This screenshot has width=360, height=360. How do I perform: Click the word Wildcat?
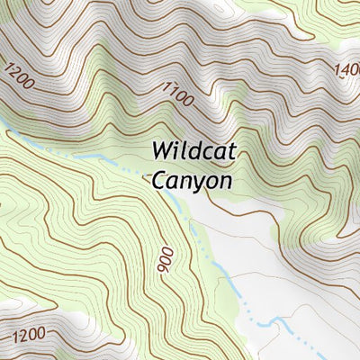pos(193,150)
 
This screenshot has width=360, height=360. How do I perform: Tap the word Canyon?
pos(192,180)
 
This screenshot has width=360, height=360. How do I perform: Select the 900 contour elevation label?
pos(165,260)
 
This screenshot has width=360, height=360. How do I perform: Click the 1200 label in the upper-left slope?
pos(19,76)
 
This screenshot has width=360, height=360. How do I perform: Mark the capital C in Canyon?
pos(158,180)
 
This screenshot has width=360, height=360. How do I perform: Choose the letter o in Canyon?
pos(211,181)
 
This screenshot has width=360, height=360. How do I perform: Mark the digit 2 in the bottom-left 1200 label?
pos(19,337)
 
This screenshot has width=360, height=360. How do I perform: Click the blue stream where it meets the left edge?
pos(2,121)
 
